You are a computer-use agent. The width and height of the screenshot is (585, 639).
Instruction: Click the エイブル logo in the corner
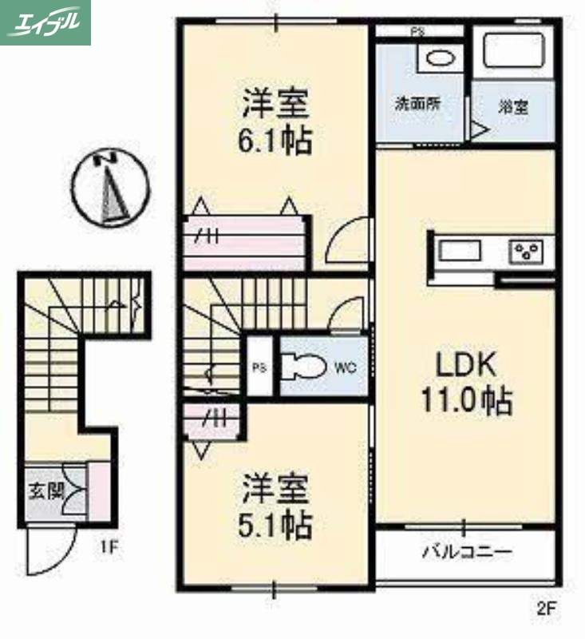[45, 22]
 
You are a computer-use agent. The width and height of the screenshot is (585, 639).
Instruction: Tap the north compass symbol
[110, 189]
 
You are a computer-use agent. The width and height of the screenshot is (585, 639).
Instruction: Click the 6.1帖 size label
[275, 142]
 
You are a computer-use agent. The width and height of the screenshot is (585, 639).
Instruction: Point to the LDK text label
[465, 366]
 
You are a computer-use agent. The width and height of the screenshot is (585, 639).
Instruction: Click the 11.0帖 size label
[465, 402]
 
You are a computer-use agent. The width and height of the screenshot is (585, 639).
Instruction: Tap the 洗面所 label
[417, 104]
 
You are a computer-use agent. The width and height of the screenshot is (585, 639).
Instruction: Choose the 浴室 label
[513, 107]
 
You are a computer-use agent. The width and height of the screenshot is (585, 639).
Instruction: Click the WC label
[344, 367]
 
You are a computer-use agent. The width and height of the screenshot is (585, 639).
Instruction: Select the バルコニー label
[466, 552]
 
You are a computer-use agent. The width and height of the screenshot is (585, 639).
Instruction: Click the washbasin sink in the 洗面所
[437, 58]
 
